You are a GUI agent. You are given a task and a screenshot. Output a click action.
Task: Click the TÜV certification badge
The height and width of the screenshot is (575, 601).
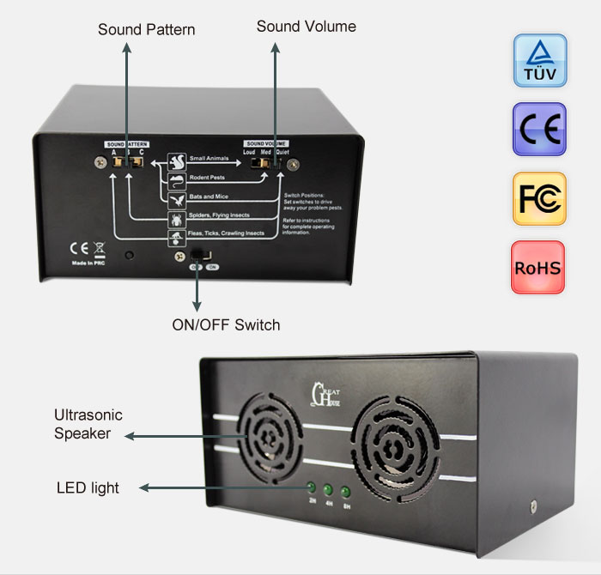(540, 61)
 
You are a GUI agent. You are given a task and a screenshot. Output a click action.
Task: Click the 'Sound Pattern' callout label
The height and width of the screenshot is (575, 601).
(146, 30)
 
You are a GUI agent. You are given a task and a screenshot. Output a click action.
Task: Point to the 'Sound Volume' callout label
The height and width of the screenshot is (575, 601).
(306, 27)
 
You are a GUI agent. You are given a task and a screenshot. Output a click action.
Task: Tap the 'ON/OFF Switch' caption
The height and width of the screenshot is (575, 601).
(227, 325)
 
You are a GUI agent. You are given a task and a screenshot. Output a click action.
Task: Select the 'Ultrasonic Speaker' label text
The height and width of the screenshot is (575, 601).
(88, 424)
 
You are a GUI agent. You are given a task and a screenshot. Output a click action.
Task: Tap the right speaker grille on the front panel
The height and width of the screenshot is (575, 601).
(393, 450)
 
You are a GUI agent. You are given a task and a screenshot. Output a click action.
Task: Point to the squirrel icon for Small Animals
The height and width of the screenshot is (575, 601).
(177, 161)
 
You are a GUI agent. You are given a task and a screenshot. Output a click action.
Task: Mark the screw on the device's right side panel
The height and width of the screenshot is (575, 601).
(533, 508)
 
